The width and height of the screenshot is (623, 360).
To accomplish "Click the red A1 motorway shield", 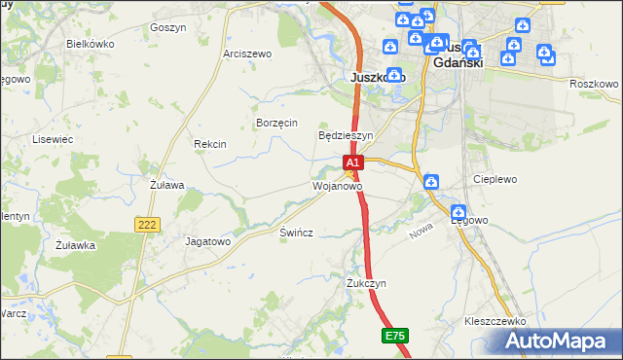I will (x=353, y=162).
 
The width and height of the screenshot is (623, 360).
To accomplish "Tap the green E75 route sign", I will (x=394, y=336).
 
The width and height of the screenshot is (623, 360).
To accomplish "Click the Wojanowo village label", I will (x=338, y=185).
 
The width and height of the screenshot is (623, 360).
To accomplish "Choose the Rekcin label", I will (x=210, y=144).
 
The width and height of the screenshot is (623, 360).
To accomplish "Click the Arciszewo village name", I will (x=246, y=54).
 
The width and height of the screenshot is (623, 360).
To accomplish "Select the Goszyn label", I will (x=168, y=28).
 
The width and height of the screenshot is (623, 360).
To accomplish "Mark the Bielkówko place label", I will (x=91, y=45).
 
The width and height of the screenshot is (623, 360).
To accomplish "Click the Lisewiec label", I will (x=53, y=139).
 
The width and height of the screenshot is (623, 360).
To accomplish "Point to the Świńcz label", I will (x=296, y=234).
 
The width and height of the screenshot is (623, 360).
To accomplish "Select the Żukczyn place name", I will (x=367, y=283).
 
